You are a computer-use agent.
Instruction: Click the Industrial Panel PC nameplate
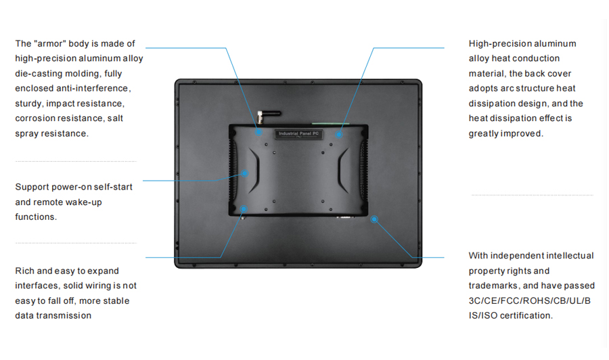tap(298, 134)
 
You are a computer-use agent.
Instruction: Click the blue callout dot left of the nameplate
tap(258, 132)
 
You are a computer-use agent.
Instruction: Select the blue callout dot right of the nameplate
tap(339, 135)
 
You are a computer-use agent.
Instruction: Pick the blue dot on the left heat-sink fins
tap(245, 173)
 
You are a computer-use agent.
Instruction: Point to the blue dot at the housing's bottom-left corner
tap(244, 209)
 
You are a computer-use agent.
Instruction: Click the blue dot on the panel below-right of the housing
tap(374, 219)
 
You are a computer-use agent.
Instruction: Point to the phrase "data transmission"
tap(53, 315)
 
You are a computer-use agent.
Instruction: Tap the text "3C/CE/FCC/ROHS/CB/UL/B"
tap(529, 301)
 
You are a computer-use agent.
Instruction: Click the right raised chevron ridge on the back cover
tap(342, 171)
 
